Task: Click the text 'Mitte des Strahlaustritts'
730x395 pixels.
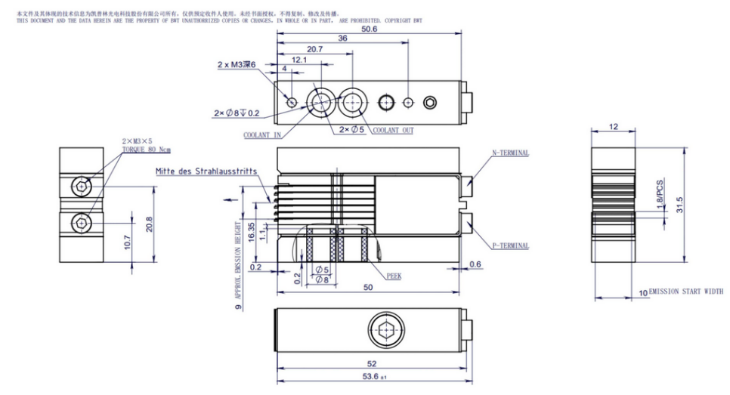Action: click(206, 171)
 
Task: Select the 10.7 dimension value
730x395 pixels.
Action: click(127, 242)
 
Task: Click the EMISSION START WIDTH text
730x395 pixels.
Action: click(681, 292)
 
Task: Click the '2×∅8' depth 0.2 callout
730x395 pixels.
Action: click(237, 113)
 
